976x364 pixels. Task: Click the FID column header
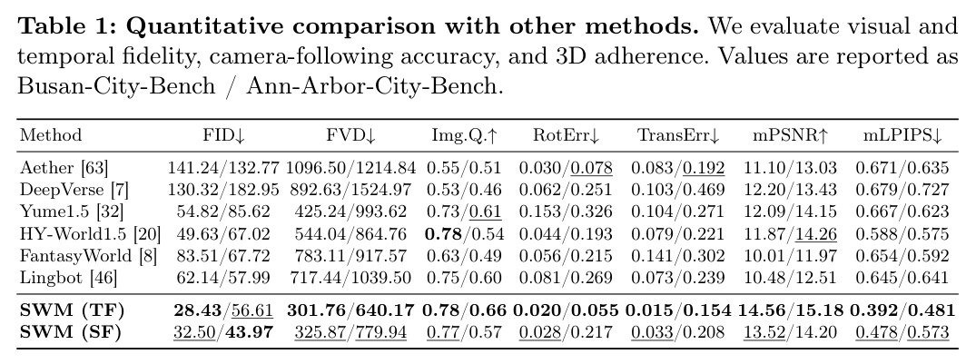click(x=219, y=136)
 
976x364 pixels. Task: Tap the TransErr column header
click(x=678, y=136)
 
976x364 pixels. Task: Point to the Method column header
click(x=51, y=135)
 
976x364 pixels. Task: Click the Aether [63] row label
click(x=64, y=168)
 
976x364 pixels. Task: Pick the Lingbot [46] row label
click(x=68, y=278)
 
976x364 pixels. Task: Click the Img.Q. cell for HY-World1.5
click(x=464, y=234)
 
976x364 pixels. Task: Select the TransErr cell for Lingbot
click(x=678, y=278)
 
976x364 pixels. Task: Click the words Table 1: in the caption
click(x=67, y=26)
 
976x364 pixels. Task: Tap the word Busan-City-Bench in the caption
click(x=116, y=85)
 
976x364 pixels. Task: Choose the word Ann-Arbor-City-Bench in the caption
click(x=373, y=85)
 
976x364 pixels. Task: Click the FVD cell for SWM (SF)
click(x=350, y=332)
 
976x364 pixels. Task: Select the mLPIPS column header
click(x=902, y=136)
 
